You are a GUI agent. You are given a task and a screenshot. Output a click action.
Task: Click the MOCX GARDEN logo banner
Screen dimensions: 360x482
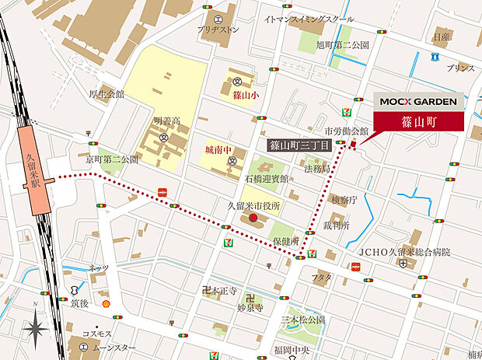click(418, 101)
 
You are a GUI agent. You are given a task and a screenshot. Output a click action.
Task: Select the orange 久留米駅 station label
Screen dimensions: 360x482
click(35, 178)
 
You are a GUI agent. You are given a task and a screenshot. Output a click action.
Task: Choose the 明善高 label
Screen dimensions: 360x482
click(167, 121)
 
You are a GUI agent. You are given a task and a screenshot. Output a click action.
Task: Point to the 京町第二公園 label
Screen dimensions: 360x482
click(113, 159)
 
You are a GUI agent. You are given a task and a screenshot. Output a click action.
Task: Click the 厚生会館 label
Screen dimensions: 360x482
click(107, 95)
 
